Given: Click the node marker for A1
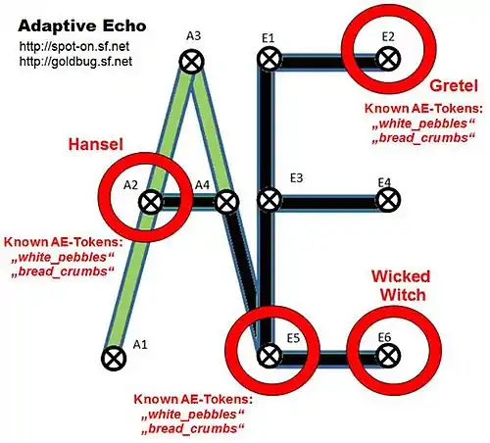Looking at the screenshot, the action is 114,359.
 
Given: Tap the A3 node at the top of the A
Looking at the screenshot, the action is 192,61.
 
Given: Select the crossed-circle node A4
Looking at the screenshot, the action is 227,202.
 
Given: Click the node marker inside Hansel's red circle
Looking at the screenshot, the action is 151,202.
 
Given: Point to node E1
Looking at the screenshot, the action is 269,59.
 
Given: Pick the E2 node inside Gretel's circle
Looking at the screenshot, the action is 388,59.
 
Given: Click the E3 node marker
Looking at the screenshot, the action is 269,200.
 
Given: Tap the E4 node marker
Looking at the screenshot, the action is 388,200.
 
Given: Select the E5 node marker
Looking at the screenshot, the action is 269,356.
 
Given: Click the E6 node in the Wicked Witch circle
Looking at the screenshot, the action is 388,356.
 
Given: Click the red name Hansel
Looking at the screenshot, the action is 95,144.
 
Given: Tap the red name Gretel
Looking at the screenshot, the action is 454,85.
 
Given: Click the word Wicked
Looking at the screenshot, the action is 401,276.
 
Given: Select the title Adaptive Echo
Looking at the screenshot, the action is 82,25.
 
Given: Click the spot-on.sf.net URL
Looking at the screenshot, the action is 74,46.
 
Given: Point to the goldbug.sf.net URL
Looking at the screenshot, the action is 75,61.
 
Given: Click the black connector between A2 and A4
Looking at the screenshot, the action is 189,202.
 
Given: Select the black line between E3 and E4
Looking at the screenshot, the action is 328,202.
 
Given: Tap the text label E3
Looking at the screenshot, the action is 296,178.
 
